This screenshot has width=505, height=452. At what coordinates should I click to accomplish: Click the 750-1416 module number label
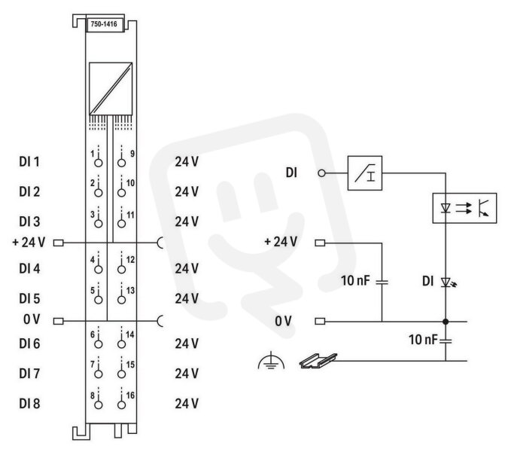(x=104, y=24)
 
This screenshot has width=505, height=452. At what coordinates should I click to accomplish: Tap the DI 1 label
(x=29, y=161)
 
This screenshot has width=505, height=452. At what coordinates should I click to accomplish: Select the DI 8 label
(x=29, y=404)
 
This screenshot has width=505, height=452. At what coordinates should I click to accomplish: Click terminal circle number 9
(x=121, y=163)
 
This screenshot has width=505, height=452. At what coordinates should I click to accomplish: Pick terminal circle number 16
(x=121, y=405)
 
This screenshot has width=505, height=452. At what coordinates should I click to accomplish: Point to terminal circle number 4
(x=99, y=269)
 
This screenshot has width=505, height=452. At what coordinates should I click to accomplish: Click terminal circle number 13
(x=121, y=300)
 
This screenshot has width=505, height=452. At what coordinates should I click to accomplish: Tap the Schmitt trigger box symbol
(x=365, y=173)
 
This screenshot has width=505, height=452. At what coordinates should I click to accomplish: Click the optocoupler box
(x=464, y=208)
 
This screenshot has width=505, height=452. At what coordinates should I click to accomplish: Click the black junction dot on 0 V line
(x=446, y=322)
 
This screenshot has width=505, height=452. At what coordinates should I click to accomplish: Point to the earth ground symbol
(x=271, y=360)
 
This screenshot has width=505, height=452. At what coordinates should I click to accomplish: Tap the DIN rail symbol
(x=318, y=360)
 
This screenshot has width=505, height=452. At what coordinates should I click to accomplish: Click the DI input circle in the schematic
(x=321, y=173)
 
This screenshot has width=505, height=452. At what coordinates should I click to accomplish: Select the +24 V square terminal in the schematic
(x=320, y=243)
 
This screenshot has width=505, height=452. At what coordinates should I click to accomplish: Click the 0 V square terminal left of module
(x=58, y=321)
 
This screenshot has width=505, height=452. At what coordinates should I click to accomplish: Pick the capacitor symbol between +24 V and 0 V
(x=382, y=282)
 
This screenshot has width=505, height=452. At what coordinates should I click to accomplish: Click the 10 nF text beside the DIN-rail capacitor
(x=423, y=340)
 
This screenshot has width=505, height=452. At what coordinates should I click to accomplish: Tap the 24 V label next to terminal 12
(x=187, y=268)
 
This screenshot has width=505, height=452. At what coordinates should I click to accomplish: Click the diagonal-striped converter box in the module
(x=111, y=89)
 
